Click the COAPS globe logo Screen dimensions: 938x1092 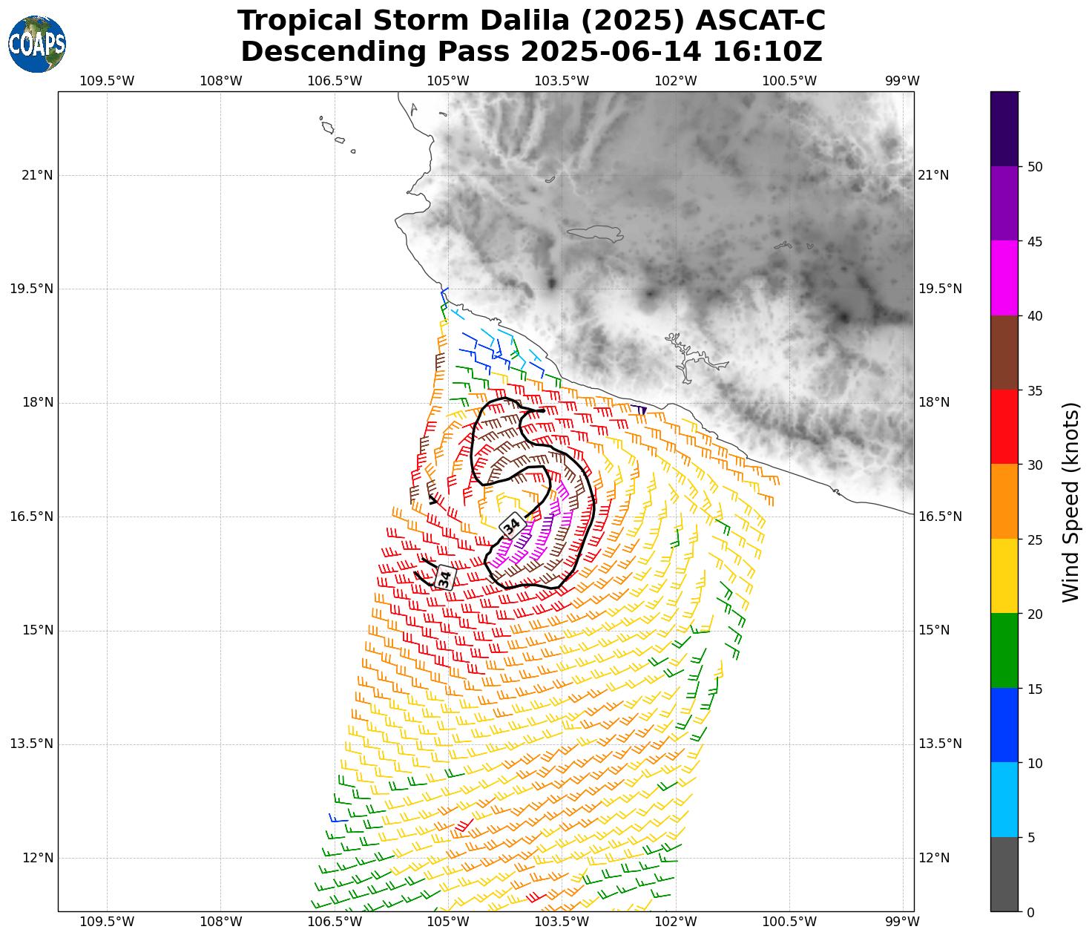[x=37, y=45]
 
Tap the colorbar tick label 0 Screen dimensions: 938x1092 [x=1030, y=912]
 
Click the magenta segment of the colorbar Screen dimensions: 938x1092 [x=1004, y=278]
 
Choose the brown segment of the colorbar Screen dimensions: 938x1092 [x=1004, y=353]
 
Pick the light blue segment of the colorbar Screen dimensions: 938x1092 [x=1004, y=800]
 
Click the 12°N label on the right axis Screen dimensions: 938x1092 [x=933, y=858]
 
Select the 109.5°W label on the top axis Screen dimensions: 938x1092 [x=107, y=81]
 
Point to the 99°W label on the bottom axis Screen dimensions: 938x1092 [x=902, y=922]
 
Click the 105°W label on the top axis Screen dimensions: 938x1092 [x=448, y=81]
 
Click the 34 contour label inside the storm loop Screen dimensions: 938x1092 [x=512, y=525]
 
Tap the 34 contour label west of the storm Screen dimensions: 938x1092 [x=444, y=577]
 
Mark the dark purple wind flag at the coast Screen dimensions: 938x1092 [x=642, y=410]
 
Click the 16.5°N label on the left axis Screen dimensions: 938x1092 [x=31, y=516]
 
